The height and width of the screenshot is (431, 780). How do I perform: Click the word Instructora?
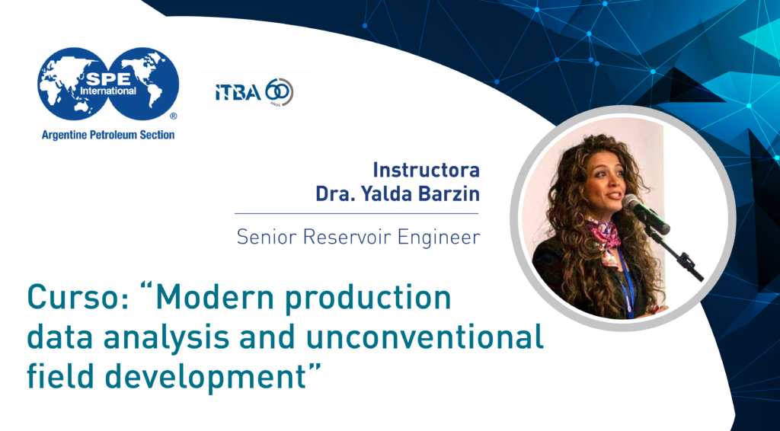(x=427, y=171)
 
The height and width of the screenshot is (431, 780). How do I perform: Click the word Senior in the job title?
(x=267, y=237)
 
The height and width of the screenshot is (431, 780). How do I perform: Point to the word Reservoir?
(x=342, y=237)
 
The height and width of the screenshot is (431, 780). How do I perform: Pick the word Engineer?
(x=433, y=237)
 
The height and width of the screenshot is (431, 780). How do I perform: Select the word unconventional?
(x=425, y=337)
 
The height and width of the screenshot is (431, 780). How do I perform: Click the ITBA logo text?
(x=238, y=92)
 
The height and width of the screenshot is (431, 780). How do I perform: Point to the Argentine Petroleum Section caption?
(x=108, y=135)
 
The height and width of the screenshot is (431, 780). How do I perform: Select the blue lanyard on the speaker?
(x=627, y=283)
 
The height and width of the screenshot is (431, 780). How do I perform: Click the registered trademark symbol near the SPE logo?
(x=174, y=116)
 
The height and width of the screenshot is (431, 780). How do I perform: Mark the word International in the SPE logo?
(x=108, y=91)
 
